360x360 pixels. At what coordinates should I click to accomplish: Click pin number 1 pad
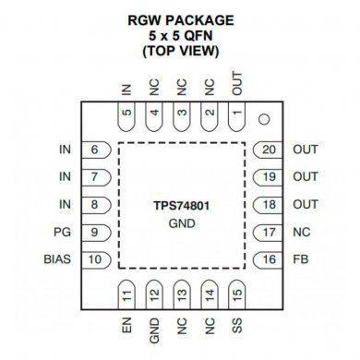[236, 115]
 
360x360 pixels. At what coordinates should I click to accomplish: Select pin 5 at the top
[126, 115]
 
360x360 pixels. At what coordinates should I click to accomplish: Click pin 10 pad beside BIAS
[94, 259]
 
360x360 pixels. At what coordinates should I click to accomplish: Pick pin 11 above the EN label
[126, 294]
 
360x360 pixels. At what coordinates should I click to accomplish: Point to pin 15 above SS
[236, 294]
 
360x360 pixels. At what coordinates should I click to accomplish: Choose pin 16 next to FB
[269, 259]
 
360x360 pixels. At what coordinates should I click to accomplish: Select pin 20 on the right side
[269, 150]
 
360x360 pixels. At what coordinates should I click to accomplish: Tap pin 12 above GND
[154, 294]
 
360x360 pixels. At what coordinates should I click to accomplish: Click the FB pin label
[300, 259]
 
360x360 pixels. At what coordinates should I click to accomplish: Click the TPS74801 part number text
[181, 204]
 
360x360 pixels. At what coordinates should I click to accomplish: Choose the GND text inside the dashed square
[181, 222]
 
